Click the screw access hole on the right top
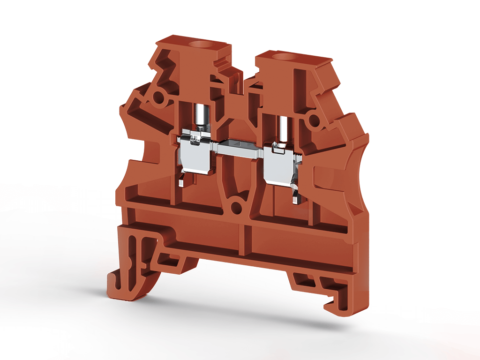click(283, 58)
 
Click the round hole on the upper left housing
click(159, 98)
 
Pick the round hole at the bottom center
click(237, 206)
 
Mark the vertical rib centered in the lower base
click(244, 239)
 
